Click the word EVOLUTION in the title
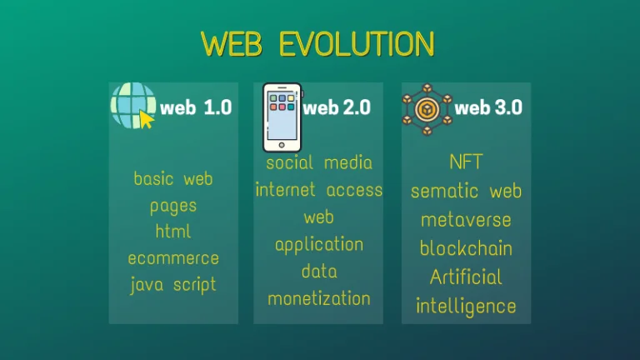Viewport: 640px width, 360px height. click(357, 43)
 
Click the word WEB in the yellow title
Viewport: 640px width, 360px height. click(232, 43)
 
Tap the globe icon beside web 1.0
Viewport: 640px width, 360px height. click(133, 106)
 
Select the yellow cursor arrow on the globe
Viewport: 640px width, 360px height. click(147, 120)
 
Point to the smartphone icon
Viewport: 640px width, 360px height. click(282, 117)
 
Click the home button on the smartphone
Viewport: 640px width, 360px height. click(282, 145)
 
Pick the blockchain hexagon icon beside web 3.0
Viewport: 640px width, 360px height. click(427, 109)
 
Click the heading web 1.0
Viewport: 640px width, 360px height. click(196, 107)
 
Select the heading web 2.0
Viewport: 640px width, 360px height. click(337, 107)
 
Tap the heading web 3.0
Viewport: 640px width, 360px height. click(488, 107)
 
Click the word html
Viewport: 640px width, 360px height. click(173, 232)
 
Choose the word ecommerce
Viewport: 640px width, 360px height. click(173, 258)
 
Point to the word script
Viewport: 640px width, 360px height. click(195, 285)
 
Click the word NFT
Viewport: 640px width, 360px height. click(466, 162)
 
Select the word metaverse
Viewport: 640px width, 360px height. click(466, 220)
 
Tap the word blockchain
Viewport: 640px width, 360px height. click(466, 248)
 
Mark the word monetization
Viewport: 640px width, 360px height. click(319, 299)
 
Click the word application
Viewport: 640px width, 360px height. click(319, 245)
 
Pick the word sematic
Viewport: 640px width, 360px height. click(444, 191)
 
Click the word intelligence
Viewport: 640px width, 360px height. click(466, 307)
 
